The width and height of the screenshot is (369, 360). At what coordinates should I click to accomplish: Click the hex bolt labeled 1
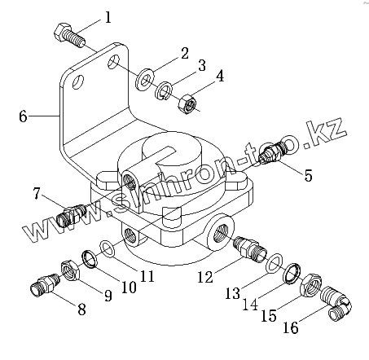(x=69, y=36)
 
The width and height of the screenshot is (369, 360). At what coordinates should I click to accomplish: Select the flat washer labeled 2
(x=145, y=79)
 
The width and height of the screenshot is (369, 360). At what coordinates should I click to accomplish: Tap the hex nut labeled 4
(x=187, y=104)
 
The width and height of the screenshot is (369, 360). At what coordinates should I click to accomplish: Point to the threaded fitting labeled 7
(x=71, y=215)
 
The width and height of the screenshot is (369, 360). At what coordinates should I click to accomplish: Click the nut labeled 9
(x=71, y=271)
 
